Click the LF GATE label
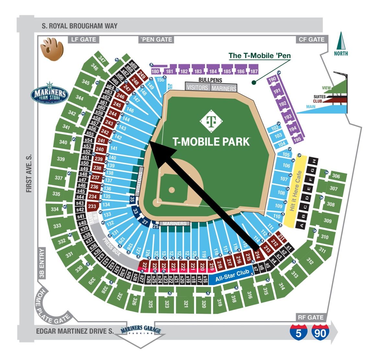83,39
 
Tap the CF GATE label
311,39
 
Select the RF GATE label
311,317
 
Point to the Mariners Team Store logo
50,93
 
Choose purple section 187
254,71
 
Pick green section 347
102,59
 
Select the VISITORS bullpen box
198,87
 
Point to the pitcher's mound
172,190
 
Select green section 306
336,176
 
